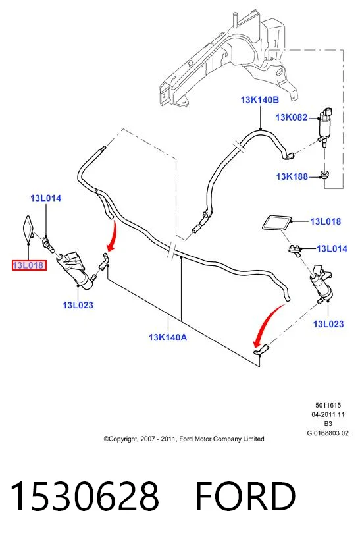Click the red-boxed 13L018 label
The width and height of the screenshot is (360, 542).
click(x=29, y=265)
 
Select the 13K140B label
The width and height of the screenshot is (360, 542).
click(x=260, y=100)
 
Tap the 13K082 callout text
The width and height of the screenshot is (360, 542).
click(x=292, y=117)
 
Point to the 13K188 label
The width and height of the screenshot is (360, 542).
click(x=292, y=176)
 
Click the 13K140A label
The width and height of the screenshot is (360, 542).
click(x=168, y=337)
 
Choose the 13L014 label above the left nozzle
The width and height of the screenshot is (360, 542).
click(x=45, y=198)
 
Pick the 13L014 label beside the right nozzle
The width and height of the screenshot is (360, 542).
click(x=332, y=248)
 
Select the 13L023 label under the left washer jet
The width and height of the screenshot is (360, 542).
click(x=78, y=305)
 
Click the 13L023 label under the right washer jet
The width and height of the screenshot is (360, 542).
click(x=328, y=324)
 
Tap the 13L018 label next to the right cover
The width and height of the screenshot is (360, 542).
click(x=326, y=221)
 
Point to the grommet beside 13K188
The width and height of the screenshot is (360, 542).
click(x=324, y=175)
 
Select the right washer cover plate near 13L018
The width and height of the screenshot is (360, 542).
click(x=276, y=223)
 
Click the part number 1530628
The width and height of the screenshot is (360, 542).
click(x=85, y=496)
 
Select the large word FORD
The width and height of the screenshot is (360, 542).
click(x=245, y=496)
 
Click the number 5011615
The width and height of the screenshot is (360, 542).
click(x=328, y=405)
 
